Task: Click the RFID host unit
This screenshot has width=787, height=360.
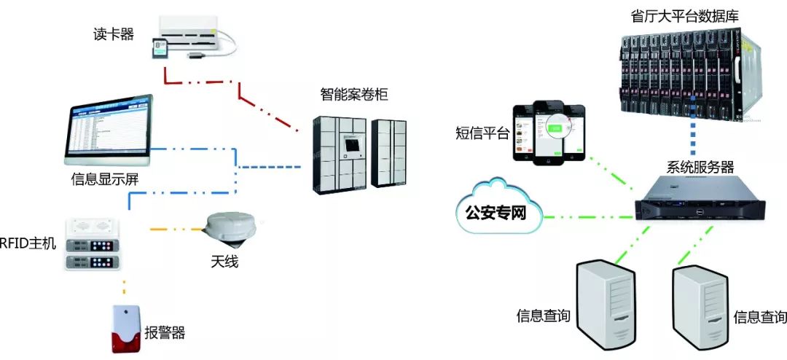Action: [93, 246]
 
